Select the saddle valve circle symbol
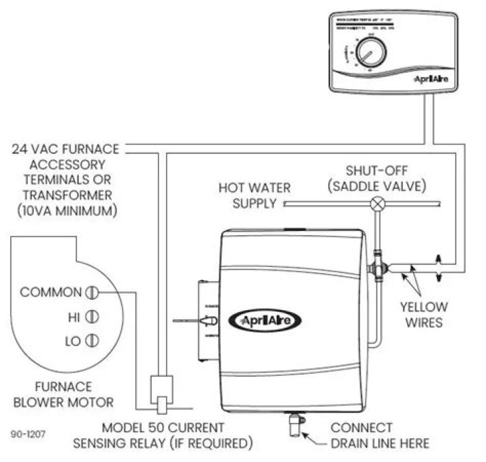(380, 203)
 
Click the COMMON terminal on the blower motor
(93, 292)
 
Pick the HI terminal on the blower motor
(93, 315)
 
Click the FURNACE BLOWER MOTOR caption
(65, 394)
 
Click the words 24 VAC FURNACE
(65, 148)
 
